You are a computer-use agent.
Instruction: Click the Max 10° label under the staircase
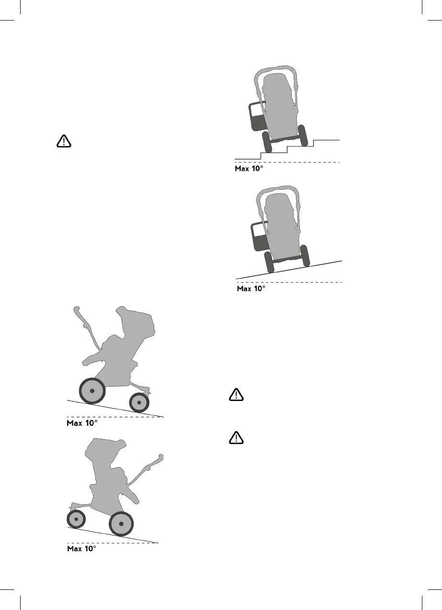[x=249, y=169]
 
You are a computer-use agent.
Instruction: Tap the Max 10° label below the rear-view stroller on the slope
[x=251, y=289]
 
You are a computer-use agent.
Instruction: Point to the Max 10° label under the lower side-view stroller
[x=82, y=549]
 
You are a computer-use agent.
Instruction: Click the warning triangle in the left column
[x=63, y=141]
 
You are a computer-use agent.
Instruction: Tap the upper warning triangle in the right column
[x=236, y=395]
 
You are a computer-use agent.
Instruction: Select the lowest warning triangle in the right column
[x=236, y=437]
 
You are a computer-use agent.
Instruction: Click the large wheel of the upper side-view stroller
[x=92, y=391]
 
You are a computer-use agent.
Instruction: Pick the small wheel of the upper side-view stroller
[x=139, y=403]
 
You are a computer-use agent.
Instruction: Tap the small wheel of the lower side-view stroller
[x=76, y=519]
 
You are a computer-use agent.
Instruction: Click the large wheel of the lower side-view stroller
[x=122, y=524]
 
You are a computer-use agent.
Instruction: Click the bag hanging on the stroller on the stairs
[x=257, y=116]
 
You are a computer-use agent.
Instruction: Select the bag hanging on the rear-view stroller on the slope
[x=259, y=236]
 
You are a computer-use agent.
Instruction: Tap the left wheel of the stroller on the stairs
[x=267, y=142]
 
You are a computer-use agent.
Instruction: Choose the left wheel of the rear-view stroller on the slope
[x=269, y=262]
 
